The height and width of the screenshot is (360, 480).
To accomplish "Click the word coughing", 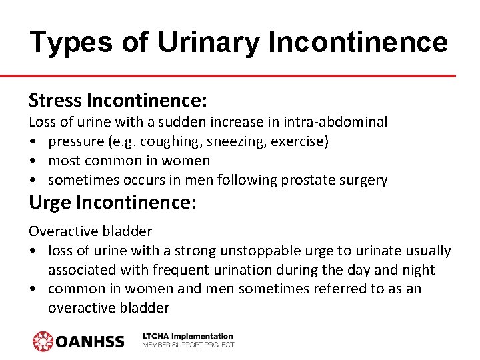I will pyautogui.click(x=199, y=141).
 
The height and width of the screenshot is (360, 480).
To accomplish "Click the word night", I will pyautogui.click(x=419, y=270).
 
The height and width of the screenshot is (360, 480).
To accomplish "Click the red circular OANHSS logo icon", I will pyautogui.click(x=43, y=341).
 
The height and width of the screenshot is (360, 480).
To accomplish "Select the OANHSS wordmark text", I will pyautogui.click(x=90, y=342).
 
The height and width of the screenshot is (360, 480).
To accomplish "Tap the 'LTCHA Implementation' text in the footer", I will pyautogui.click(x=188, y=337).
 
